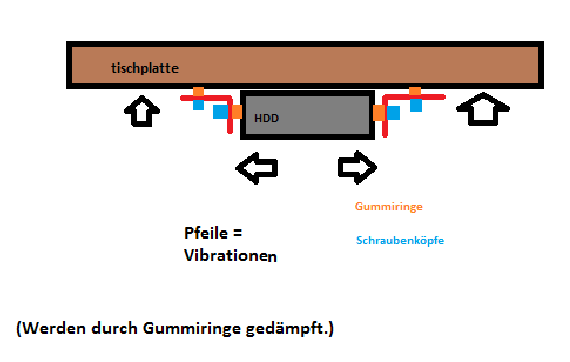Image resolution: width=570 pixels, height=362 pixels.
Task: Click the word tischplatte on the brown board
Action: click(x=144, y=69)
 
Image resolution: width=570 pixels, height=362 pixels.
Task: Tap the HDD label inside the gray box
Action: click(x=267, y=118)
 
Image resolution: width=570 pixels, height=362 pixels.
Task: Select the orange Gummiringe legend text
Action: click(x=389, y=207)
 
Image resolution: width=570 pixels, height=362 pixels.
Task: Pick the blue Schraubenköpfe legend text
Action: click(x=400, y=241)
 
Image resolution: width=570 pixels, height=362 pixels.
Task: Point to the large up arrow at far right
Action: click(x=483, y=109)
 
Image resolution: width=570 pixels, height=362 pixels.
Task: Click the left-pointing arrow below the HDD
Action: click(x=257, y=167)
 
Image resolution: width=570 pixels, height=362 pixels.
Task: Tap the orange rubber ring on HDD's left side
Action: click(x=237, y=111)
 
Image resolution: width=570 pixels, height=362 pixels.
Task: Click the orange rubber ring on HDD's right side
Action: click(x=379, y=112)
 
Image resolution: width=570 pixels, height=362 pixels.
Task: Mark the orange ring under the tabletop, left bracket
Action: click(x=198, y=92)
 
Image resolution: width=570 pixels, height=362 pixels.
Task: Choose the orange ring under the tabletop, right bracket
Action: click(x=415, y=91)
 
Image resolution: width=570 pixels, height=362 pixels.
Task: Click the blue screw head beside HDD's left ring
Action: click(x=221, y=112)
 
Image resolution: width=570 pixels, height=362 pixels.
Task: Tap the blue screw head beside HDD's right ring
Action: click(x=393, y=112)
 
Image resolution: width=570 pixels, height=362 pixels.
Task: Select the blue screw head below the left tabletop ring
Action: click(x=198, y=105)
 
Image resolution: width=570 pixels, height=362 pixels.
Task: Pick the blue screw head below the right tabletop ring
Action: click(x=416, y=105)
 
